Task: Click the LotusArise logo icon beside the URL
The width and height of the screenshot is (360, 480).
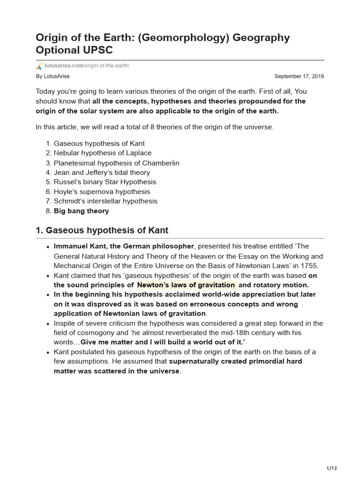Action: point(39,66)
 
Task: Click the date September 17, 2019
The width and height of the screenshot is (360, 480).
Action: point(299,76)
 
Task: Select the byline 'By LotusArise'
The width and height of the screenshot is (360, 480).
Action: point(52,76)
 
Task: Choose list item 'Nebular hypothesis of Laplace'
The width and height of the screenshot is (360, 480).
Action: point(103,153)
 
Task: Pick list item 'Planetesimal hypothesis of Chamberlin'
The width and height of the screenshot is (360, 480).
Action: point(116,163)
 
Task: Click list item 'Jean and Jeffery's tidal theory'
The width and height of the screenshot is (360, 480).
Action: point(102,172)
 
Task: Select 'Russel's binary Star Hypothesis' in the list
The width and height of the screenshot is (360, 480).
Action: point(105,182)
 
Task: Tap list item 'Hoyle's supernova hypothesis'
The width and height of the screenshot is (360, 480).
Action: point(102,192)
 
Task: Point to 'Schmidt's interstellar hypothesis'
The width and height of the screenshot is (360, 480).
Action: point(105,201)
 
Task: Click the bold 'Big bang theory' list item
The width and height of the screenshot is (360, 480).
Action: point(82,211)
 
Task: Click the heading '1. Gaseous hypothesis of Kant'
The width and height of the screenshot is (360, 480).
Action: point(102,231)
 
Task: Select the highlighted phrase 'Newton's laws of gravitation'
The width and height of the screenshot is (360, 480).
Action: point(186,285)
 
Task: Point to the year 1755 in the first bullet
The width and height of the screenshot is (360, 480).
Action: point(308,266)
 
